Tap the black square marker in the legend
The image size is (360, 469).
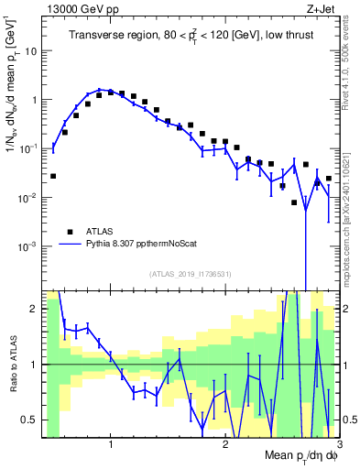point(69,232)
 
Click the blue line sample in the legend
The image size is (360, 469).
point(69,245)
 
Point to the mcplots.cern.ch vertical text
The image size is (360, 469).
point(351,202)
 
